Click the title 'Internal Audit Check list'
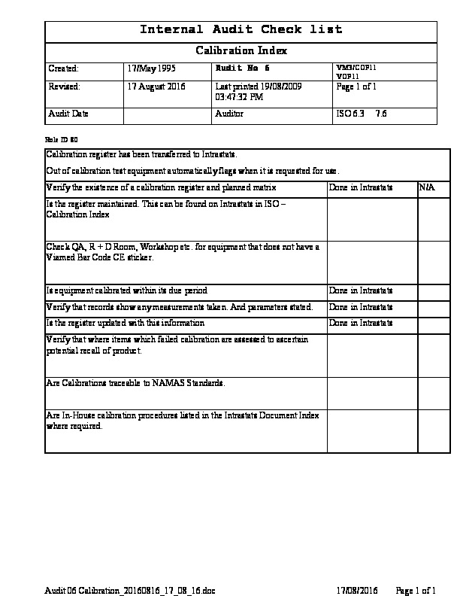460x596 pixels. (x=241, y=30)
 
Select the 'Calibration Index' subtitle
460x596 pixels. (x=241, y=51)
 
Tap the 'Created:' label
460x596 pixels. (x=63, y=68)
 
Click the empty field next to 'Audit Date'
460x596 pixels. (x=168, y=114)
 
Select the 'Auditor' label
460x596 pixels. (x=229, y=114)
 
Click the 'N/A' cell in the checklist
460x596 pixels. (x=426, y=187)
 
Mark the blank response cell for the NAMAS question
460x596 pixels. (x=372, y=392)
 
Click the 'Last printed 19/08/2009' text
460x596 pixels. (x=258, y=87)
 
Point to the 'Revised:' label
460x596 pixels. (x=64, y=87)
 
